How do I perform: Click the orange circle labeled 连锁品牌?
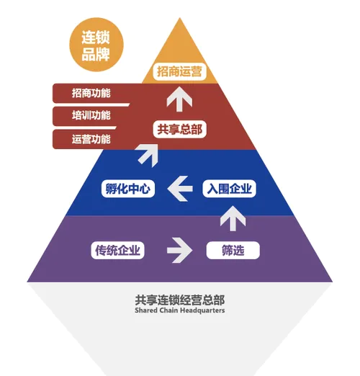coord(96,45)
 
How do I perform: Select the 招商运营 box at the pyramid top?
coord(179,71)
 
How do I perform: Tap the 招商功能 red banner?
coord(91,93)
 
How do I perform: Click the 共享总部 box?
coord(180,129)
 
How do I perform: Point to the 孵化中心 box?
coord(128,189)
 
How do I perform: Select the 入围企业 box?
coord(229,189)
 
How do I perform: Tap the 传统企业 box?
coord(117,251)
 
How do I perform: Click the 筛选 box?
coord(233,251)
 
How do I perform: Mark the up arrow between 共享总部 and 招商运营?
coord(179,99)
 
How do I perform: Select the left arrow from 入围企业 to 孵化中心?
coord(180,189)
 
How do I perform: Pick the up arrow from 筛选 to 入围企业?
coord(233,218)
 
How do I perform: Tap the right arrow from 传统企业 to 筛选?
coord(180,250)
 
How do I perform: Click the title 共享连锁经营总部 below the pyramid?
coord(180,300)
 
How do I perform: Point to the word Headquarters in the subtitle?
coord(202,310)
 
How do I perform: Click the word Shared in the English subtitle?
coord(145,310)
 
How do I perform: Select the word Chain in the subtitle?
coord(168,310)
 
